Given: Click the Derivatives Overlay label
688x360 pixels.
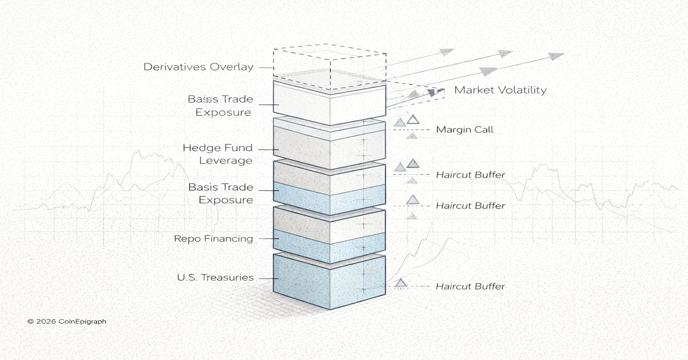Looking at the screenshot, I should click(198, 67).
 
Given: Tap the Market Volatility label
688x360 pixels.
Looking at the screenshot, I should click(500, 90).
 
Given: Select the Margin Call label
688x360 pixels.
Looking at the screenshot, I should click(465, 130).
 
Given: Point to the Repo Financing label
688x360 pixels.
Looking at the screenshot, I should click(213, 238).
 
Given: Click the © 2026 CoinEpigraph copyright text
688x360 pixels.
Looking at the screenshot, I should click(67, 322).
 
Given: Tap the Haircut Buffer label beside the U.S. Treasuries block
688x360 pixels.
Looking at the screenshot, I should click(470, 286).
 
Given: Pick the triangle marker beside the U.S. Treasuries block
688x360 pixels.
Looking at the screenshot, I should click(401, 283).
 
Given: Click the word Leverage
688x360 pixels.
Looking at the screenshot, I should click(226, 161).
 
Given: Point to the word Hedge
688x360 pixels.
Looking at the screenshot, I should click(199, 148).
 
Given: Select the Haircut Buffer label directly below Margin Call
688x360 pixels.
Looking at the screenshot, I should click(470, 174).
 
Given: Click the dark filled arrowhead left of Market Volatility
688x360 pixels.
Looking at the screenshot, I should click(432, 93).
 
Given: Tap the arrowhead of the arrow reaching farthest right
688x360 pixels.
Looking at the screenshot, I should click(557, 56).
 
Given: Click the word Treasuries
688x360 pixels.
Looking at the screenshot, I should click(229, 278).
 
